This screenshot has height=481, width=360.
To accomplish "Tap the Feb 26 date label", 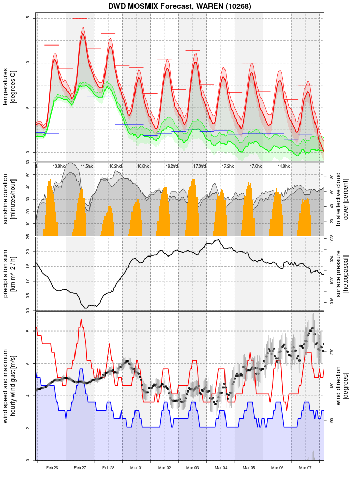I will (x=52, y=468).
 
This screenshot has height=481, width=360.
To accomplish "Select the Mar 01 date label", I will (x=137, y=468).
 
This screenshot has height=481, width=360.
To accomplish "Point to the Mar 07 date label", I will (x=305, y=468).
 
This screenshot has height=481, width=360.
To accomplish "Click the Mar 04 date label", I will (x=221, y=468).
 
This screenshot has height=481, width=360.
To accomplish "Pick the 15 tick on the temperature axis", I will (x=29, y=19).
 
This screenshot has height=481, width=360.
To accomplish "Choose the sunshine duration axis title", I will (x=10, y=199).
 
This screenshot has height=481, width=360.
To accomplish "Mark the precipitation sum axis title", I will (x=10, y=273).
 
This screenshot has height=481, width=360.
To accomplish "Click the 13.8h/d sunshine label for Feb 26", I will (x=59, y=166).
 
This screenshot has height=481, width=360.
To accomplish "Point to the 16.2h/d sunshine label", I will (x=172, y=166).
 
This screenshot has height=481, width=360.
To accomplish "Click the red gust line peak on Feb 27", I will (x=81, y=320).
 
